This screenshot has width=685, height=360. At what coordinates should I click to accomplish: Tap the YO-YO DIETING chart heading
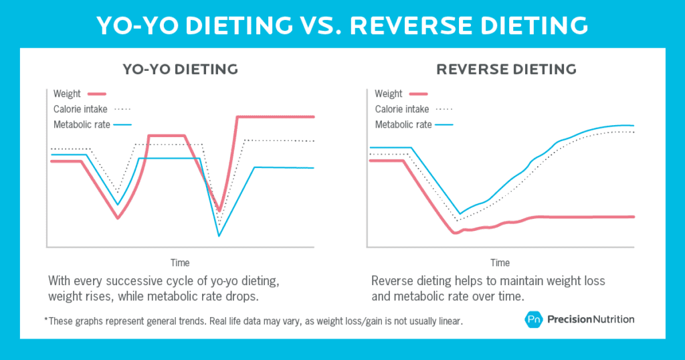tap(180, 69)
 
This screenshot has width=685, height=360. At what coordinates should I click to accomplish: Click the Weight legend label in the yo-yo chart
tap(66, 94)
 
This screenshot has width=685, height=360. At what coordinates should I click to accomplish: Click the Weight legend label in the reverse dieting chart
tap(389, 94)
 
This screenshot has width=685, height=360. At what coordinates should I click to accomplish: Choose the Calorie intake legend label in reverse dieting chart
tap(403, 109)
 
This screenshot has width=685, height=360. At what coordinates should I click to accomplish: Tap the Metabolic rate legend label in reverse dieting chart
tap(403, 124)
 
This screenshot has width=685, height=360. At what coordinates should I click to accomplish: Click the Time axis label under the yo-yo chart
tap(180, 262)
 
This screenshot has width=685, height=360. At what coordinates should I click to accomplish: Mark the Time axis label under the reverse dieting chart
tap(500, 262)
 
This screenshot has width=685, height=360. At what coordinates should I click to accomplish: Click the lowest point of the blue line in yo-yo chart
tap(219, 236)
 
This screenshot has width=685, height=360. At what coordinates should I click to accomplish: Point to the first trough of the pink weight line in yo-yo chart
tap(118, 218)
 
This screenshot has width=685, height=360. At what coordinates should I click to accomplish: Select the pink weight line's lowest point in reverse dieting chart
tap(455, 233)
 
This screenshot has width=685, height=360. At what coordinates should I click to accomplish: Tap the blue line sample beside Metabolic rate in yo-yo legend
tap(123, 125)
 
